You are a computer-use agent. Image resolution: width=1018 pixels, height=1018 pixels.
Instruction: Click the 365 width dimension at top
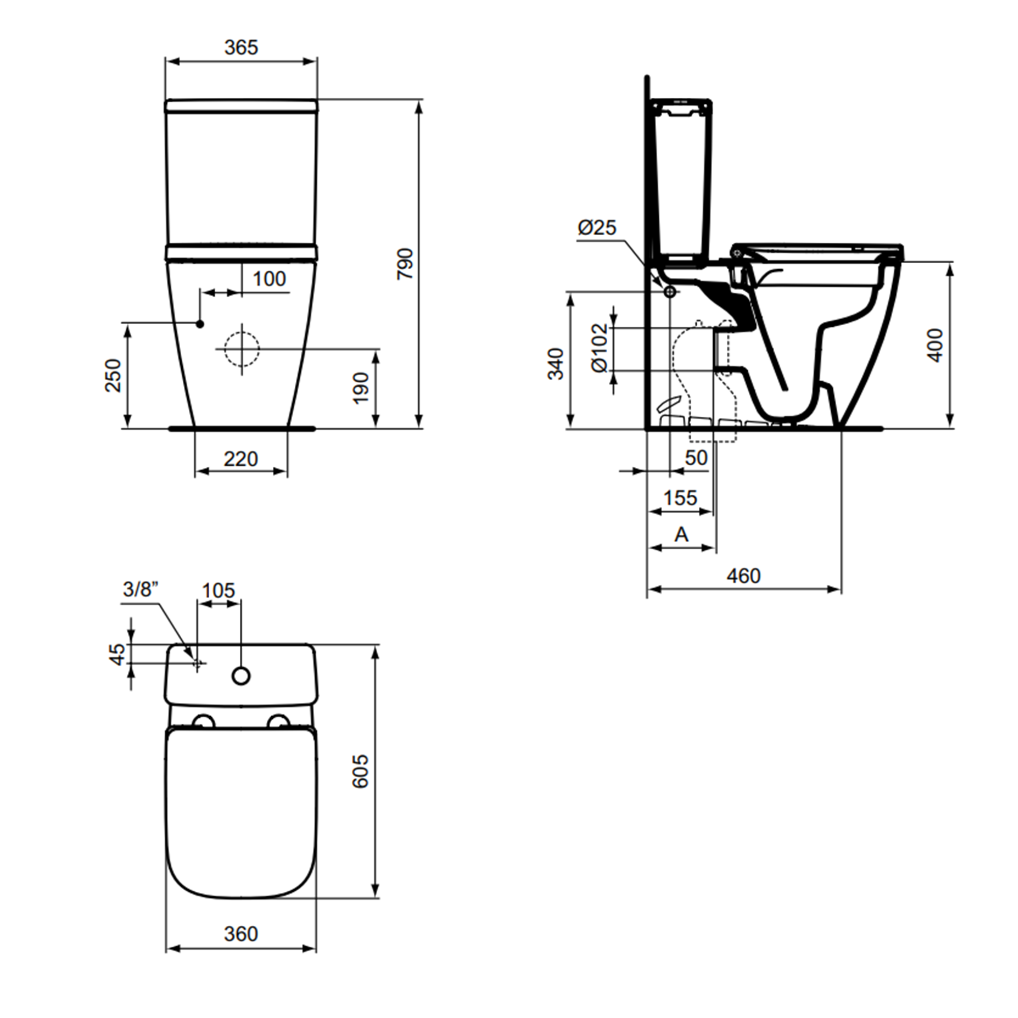pyautogui.click(x=241, y=47)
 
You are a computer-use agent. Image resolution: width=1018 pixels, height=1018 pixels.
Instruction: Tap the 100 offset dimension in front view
pyautogui.click(x=269, y=279)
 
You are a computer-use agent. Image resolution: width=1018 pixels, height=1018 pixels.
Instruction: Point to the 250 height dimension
pyautogui.click(x=114, y=376)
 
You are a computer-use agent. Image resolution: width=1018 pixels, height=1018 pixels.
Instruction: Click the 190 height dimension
pyautogui.click(x=361, y=388)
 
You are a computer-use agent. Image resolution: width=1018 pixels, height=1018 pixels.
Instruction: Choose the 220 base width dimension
pyautogui.click(x=241, y=459)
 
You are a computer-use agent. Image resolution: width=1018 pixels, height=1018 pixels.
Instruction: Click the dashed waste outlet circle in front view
pyautogui.click(x=242, y=349)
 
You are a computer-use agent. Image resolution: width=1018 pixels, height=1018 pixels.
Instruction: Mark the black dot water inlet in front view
pyautogui.click(x=200, y=324)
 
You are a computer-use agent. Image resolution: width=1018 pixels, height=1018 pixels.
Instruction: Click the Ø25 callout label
pyautogui.click(x=597, y=228)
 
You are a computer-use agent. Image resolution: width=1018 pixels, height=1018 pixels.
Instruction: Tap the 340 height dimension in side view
pyautogui.click(x=556, y=363)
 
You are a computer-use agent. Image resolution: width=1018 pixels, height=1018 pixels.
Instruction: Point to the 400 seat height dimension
pyautogui.click(x=935, y=345)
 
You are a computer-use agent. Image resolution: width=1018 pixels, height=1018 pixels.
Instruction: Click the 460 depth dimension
pyautogui.click(x=744, y=576)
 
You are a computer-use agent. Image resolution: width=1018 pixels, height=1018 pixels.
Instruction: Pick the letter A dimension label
pyautogui.click(x=682, y=535)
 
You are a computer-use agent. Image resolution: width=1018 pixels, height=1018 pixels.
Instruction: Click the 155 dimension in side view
pyautogui.click(x=680, y=498)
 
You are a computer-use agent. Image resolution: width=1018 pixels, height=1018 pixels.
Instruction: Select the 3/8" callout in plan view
pyautogui.click(x=140, y=589)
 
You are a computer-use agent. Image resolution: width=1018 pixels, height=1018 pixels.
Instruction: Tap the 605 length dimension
pyautogui.click(x=360, y=772)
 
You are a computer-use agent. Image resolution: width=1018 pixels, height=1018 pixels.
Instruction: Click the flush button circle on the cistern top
pyautogui.click(x=241, y=676)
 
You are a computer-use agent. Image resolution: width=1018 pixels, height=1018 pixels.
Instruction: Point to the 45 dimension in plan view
pyautogui.click(x=119, y=654)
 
